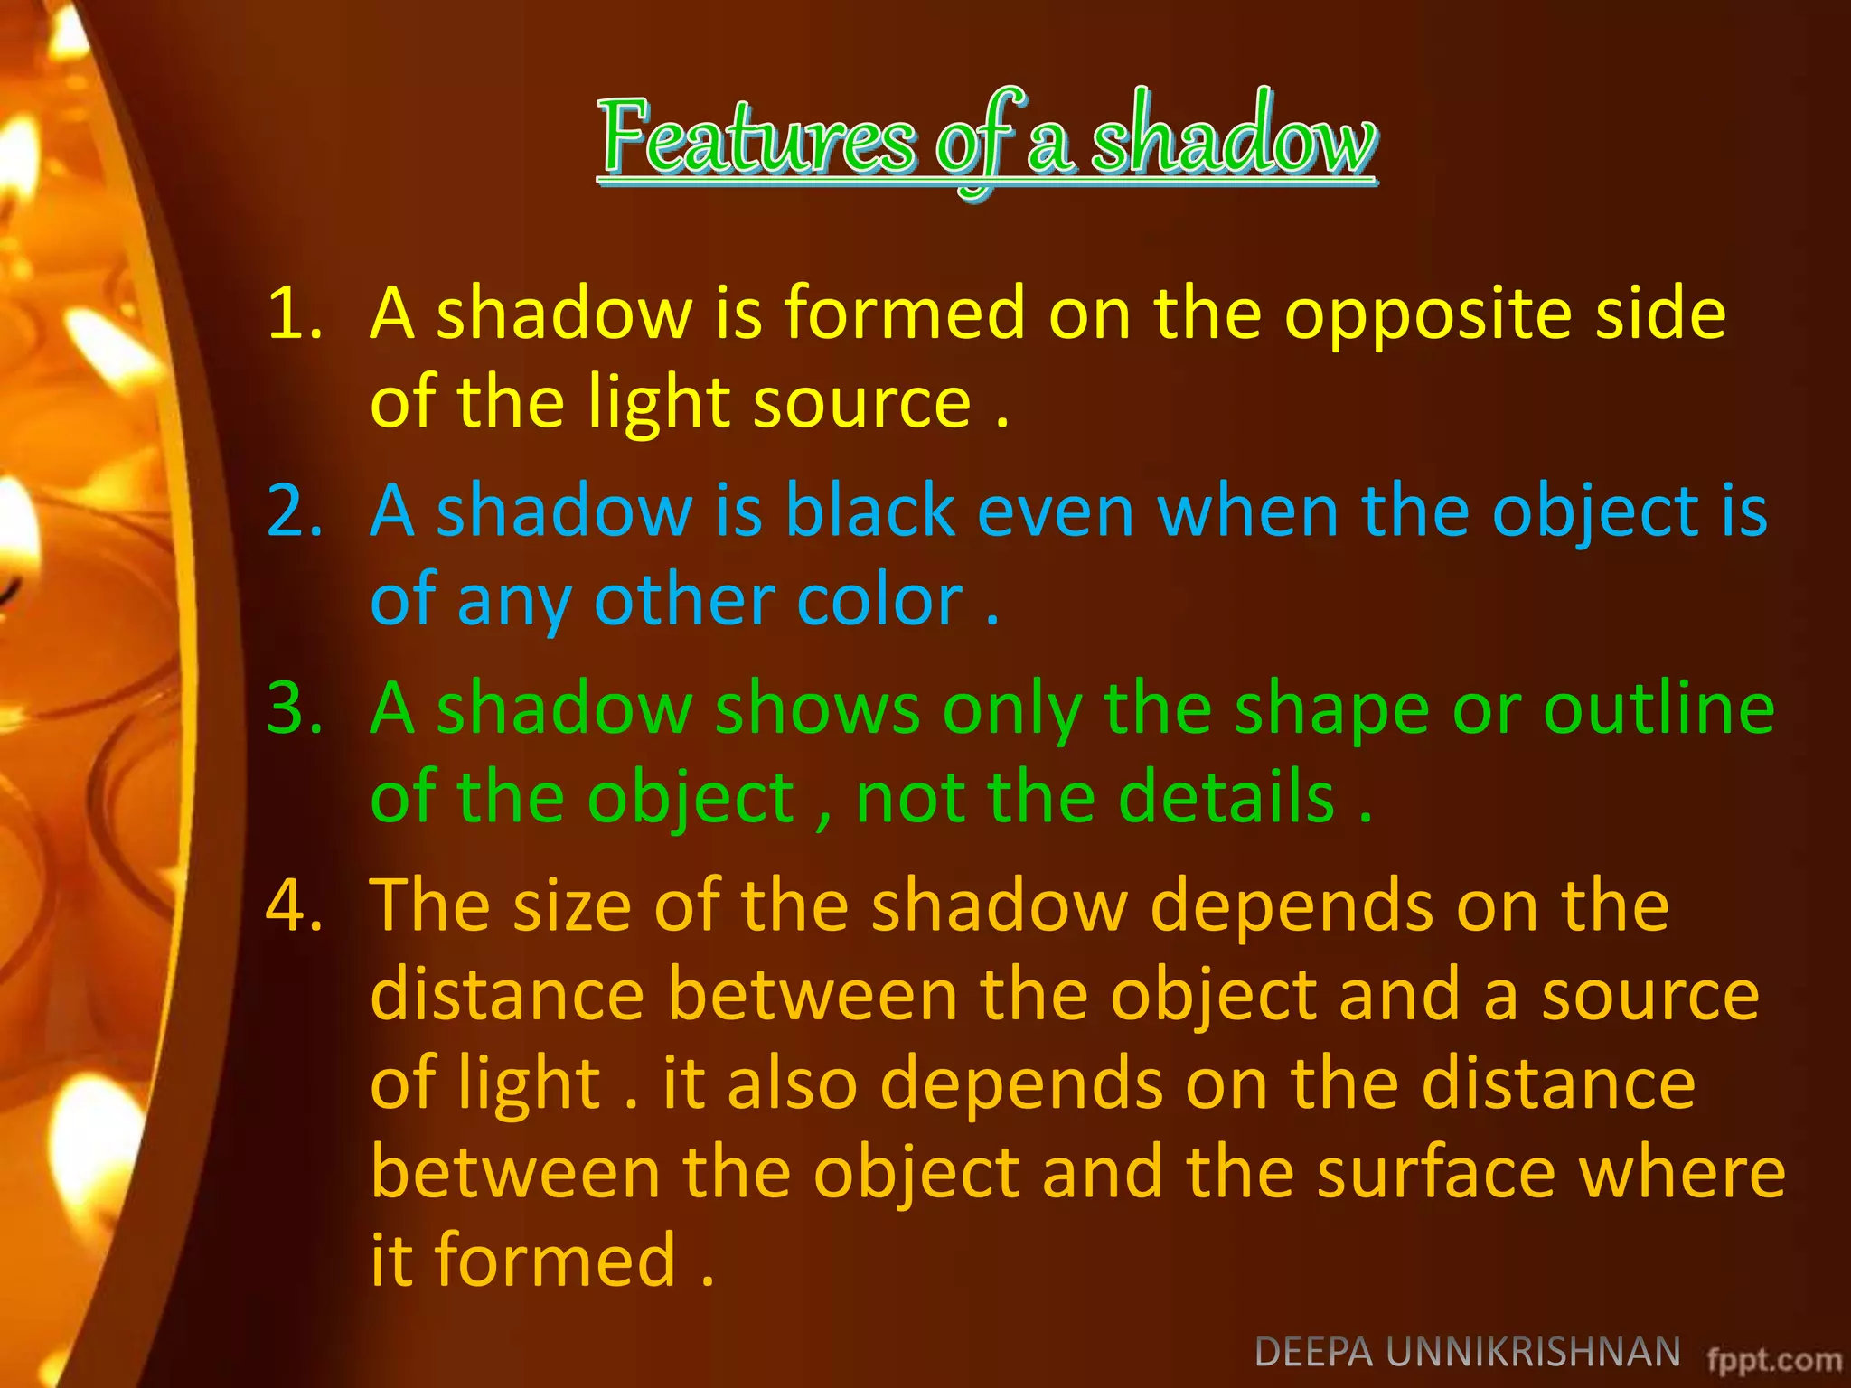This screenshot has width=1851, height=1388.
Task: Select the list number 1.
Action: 295,313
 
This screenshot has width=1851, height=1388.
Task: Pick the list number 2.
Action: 295,511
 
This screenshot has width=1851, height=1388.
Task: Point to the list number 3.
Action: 295,708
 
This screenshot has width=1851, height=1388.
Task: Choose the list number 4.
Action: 295,905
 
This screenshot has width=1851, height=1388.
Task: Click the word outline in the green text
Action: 1658,708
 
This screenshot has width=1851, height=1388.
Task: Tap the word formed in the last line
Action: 555,1260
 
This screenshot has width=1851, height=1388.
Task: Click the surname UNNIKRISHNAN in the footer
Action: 1533,1353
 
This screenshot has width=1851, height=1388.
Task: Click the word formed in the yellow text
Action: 904,313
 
